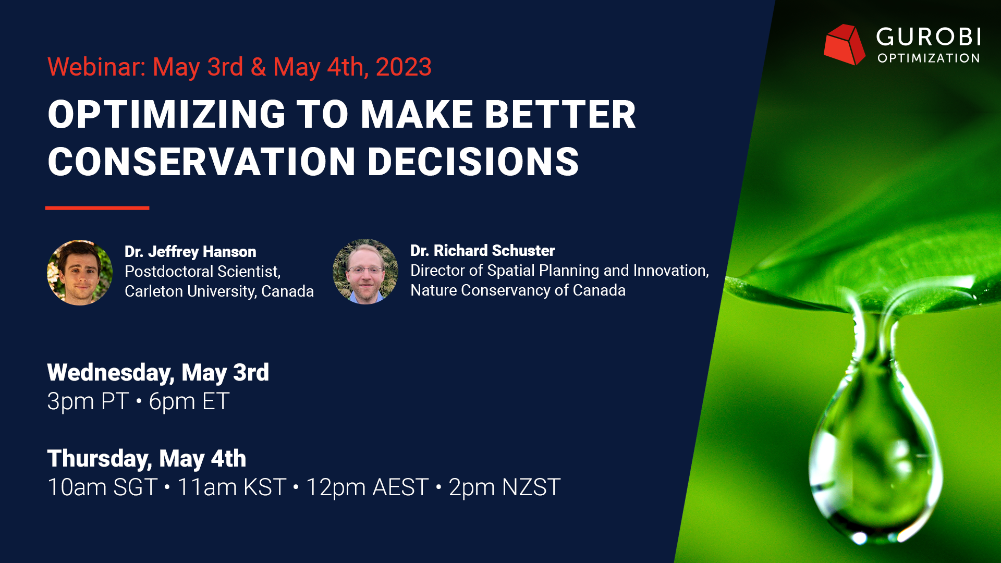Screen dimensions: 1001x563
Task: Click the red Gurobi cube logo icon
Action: [844, 45]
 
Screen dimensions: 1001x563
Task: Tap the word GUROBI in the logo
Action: [929, 37]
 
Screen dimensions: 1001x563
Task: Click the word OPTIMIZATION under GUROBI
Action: [929, 58]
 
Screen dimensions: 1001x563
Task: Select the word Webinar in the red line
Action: [96, 67]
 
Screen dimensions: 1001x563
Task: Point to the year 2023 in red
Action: [404, 67]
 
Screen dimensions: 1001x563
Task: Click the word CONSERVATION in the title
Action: [202, 161]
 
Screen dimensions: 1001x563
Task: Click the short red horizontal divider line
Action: [97, 208]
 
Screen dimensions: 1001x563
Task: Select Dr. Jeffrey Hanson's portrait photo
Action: [80, 272]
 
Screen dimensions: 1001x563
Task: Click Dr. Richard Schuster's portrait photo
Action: [365, 272]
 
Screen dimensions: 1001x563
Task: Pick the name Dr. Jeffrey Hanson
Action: [190, 251]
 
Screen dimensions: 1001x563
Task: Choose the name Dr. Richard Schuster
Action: [483, 250]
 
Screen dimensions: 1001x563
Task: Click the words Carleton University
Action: [190, 291]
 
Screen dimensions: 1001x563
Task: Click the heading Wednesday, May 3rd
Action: [158, 373]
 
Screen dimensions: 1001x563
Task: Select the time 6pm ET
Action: [189, 401]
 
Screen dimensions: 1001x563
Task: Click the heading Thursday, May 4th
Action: [147, 459]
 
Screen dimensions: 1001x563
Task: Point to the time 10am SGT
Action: [102, 487]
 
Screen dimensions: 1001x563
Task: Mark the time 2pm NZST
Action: [505, 487]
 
